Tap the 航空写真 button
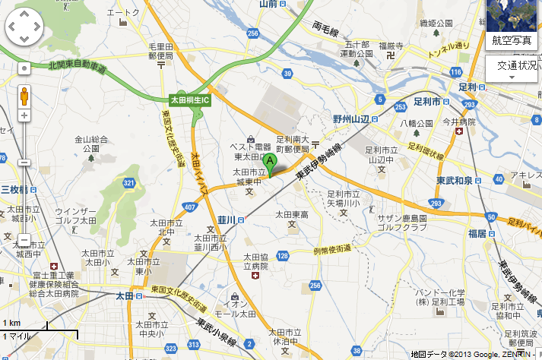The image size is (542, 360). [512, 39]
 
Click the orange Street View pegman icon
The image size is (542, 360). [24, 96]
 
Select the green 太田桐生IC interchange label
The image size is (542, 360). [189, 99]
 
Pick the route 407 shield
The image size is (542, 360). [189, 207]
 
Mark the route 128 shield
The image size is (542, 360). [283, 256]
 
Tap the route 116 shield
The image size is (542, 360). [455, 71]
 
